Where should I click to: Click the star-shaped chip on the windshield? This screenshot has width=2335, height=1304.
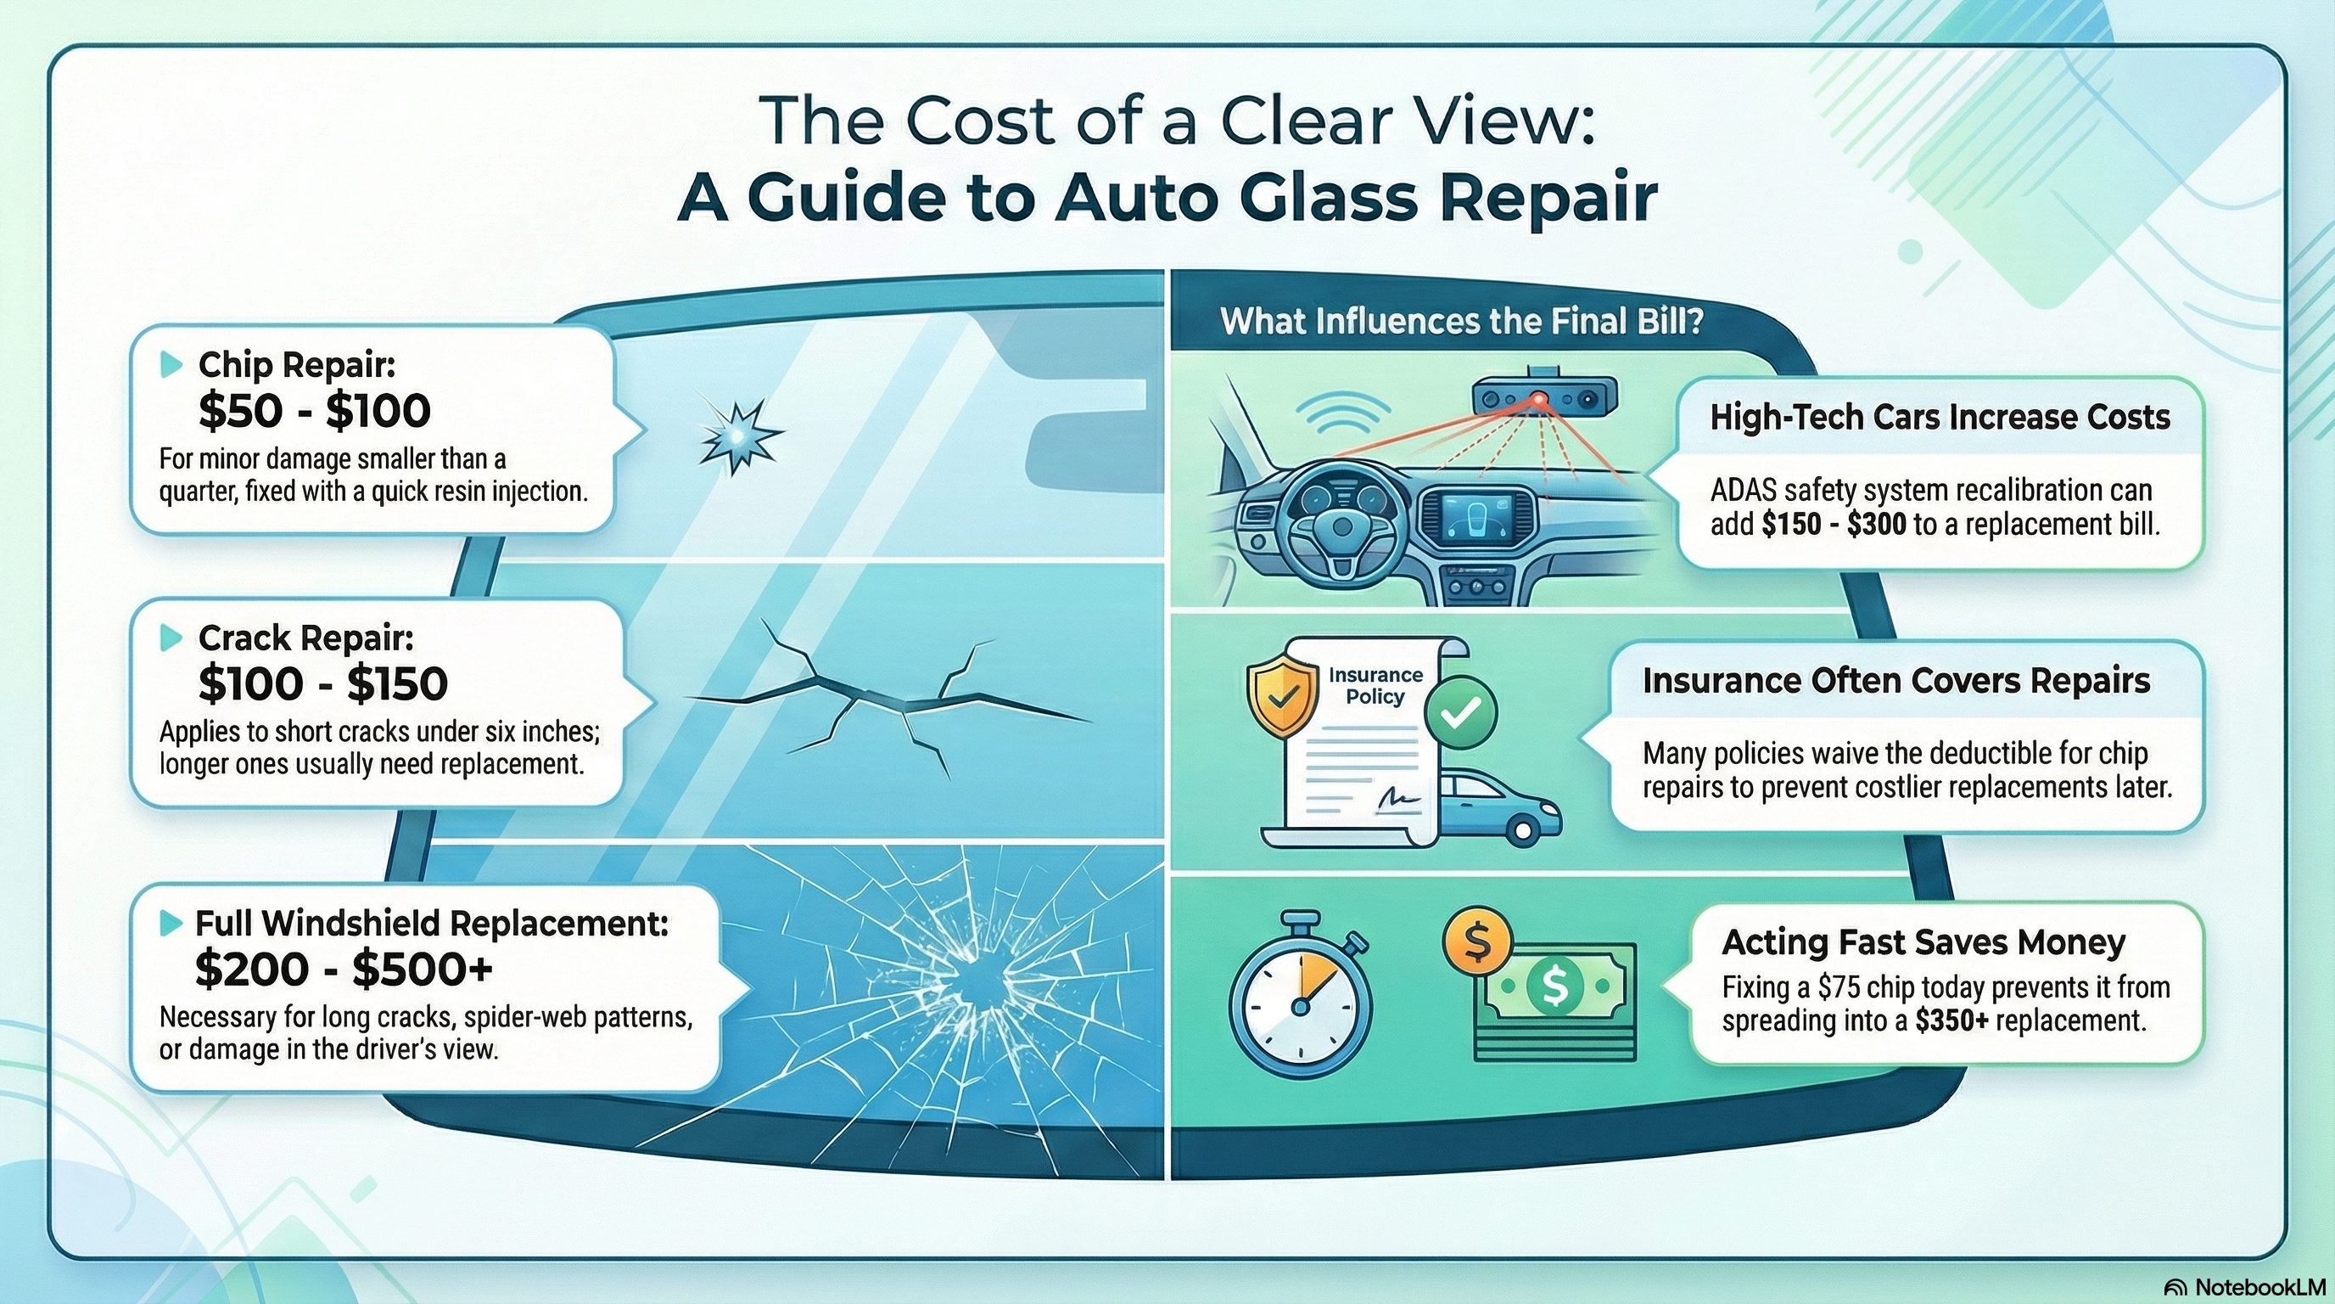(x=739, y=436)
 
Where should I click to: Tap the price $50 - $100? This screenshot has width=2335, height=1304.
(x=315, y=412)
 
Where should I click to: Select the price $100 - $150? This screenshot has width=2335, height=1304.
(x=322, y=683)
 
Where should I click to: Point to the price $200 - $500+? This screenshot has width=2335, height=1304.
(x=344, y=970)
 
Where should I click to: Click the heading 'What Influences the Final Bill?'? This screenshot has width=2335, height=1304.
(x=1461, y=322)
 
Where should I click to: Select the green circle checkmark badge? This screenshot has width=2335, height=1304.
(x=1460, y=713)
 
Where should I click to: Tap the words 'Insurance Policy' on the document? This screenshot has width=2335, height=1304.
(x=1375, y=686)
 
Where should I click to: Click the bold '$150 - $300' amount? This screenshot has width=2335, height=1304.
(x=1834, y=524)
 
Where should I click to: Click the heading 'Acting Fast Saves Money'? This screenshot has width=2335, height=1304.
(x=1923, y=942)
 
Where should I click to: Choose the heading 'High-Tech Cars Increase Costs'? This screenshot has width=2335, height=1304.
(x=1940, y=417)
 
